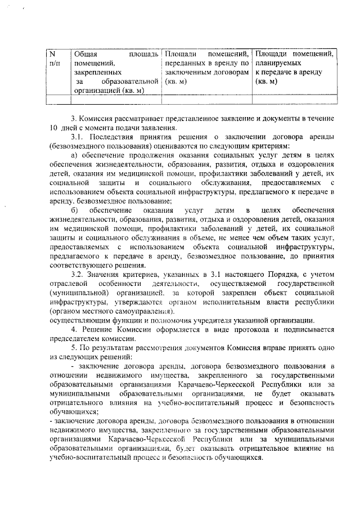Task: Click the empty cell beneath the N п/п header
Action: pyautogui.click(x=57, y=100)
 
